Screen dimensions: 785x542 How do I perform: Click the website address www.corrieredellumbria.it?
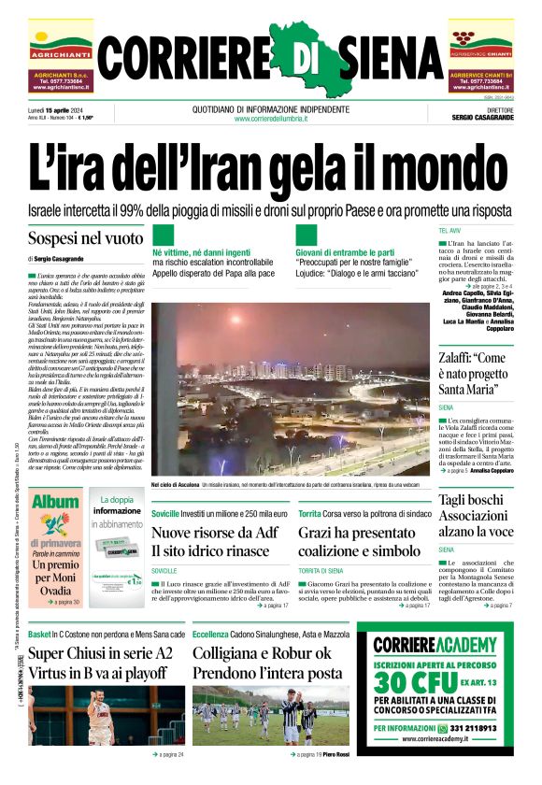pyautogui.click(x=271, y=119)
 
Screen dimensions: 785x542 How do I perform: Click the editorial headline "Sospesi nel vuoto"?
pyautogui.click(x=85, y=238)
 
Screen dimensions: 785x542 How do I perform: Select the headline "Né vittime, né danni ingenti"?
pyautogui.click(x=202, y=252)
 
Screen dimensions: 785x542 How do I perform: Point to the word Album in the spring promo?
pyautogui.click(x=56, y=501)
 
